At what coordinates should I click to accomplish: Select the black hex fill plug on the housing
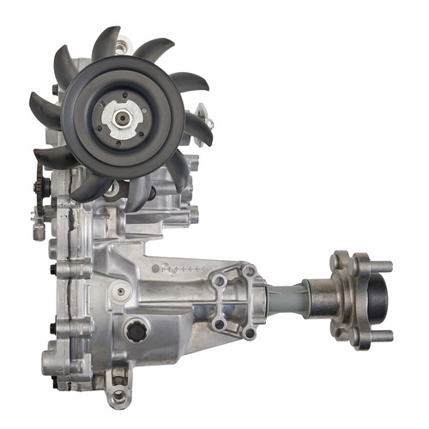(136, 329)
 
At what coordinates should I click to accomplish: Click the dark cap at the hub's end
(378, 299)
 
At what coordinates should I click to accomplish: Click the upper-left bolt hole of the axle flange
(221, 281)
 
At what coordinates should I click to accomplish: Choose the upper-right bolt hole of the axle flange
(250, 272)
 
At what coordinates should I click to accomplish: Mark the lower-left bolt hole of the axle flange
(221, 323)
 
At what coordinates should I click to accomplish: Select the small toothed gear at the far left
(39, 184)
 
